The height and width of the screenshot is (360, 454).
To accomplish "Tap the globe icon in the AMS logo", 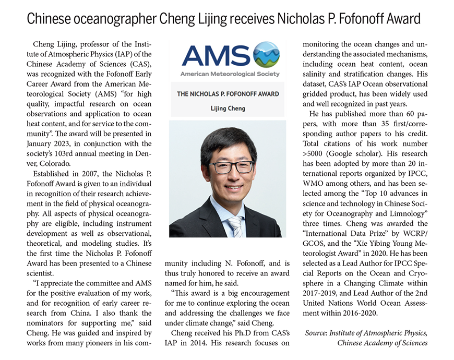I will pyautogui.click(x=266, y=55).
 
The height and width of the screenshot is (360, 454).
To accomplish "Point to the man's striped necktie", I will pyautogui.click(x=235, y=226).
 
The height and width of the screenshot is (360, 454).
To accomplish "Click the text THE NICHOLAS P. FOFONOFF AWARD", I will pyautogui.click(x=228, y=94).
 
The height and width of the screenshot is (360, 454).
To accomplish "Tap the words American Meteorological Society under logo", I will pyautogui.click(x=230, y=74).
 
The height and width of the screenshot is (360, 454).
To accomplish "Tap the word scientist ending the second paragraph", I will pyautogui.click(x=46, y=273).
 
